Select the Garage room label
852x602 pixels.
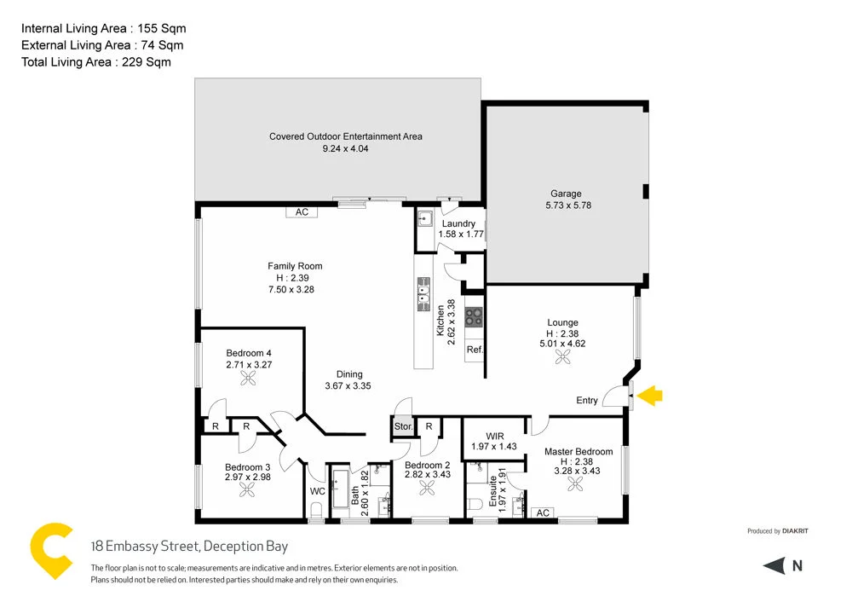tap(566, 194)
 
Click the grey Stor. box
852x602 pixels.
tap(403, 426)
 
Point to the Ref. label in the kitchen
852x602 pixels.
tap(475, 350)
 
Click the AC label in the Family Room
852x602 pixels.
tap(302, 212)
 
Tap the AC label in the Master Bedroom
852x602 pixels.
tap(543, 512)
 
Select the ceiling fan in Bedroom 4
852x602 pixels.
tap(249, 379)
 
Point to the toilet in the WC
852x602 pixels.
tap(316, 510)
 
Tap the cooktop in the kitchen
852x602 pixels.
tap(474, 315)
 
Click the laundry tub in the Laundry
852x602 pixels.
tap(425, 217)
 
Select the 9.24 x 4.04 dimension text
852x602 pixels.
tap(345, 148)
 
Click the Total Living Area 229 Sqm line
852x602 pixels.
tap(95, 61)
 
